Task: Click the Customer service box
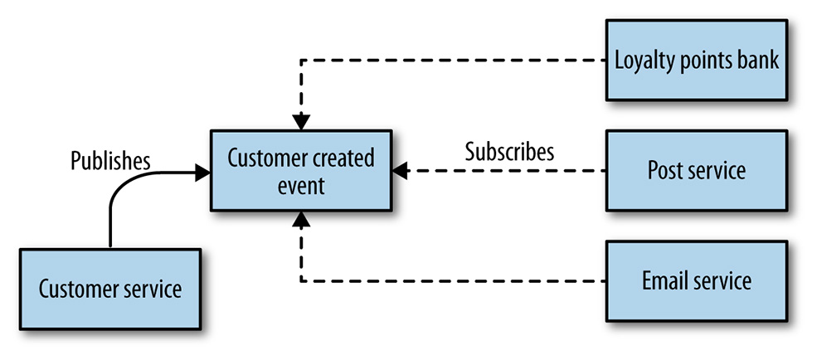(110, 289)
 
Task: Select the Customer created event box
(301, 170)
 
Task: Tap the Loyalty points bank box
(697, 60)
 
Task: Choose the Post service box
(697, 170)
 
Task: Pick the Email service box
(697, 281)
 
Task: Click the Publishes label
(110, 162)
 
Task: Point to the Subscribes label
(509, 152)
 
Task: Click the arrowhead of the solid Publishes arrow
(202, 173)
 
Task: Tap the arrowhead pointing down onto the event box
(301, 122)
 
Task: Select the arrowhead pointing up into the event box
(301, 219)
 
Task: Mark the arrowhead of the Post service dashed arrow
(400, 170)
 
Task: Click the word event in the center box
(301, 186)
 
